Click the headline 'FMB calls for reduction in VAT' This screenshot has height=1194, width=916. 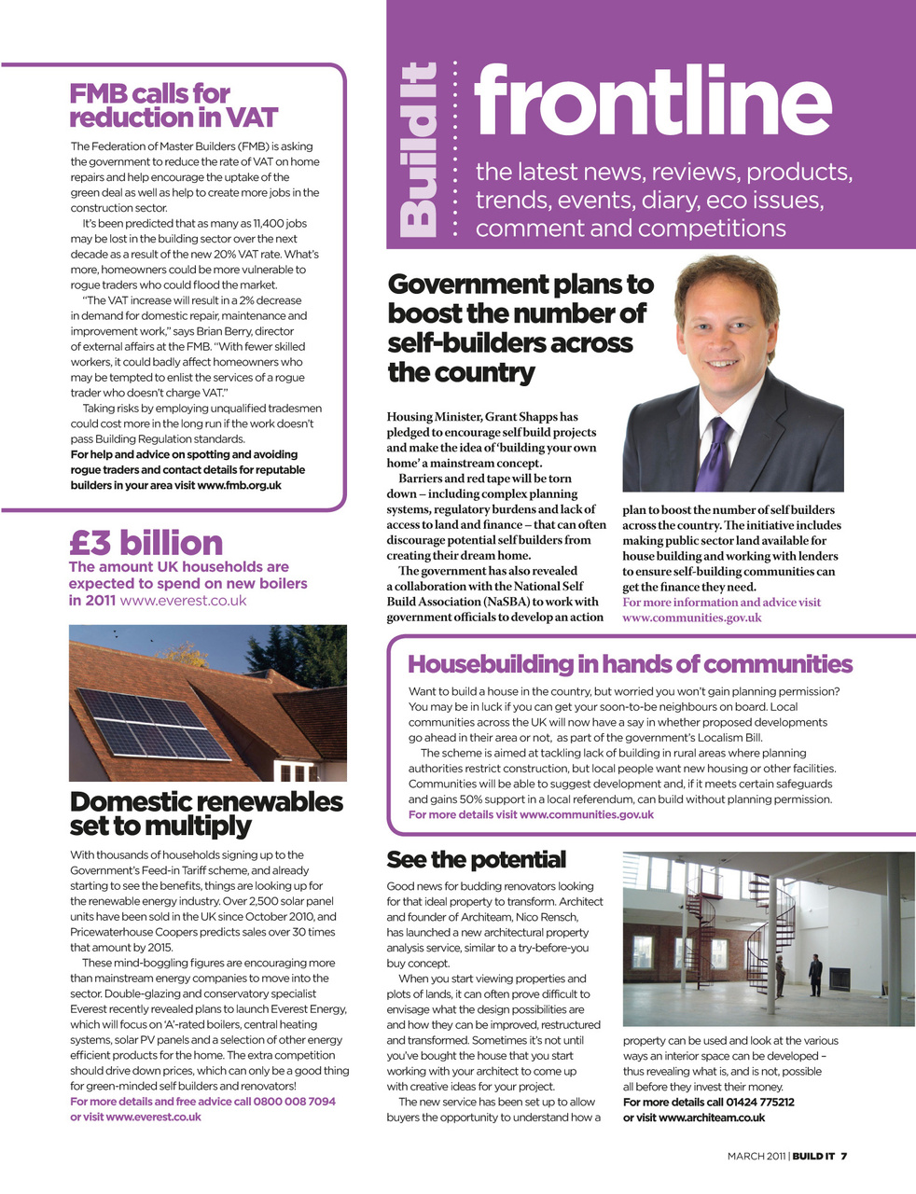coord(173,105)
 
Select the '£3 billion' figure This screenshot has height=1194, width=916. coord(146,543)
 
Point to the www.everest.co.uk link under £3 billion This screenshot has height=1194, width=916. coord(184,601)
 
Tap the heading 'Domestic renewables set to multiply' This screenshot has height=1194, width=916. coord(206,813)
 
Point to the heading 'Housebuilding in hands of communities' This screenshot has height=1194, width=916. coord(630,664)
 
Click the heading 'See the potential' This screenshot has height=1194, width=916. coord(476,859)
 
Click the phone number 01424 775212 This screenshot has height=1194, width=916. coord(760,1102)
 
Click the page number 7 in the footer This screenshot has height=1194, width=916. coord(843,1156)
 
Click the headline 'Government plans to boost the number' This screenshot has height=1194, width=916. coord(520,327)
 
